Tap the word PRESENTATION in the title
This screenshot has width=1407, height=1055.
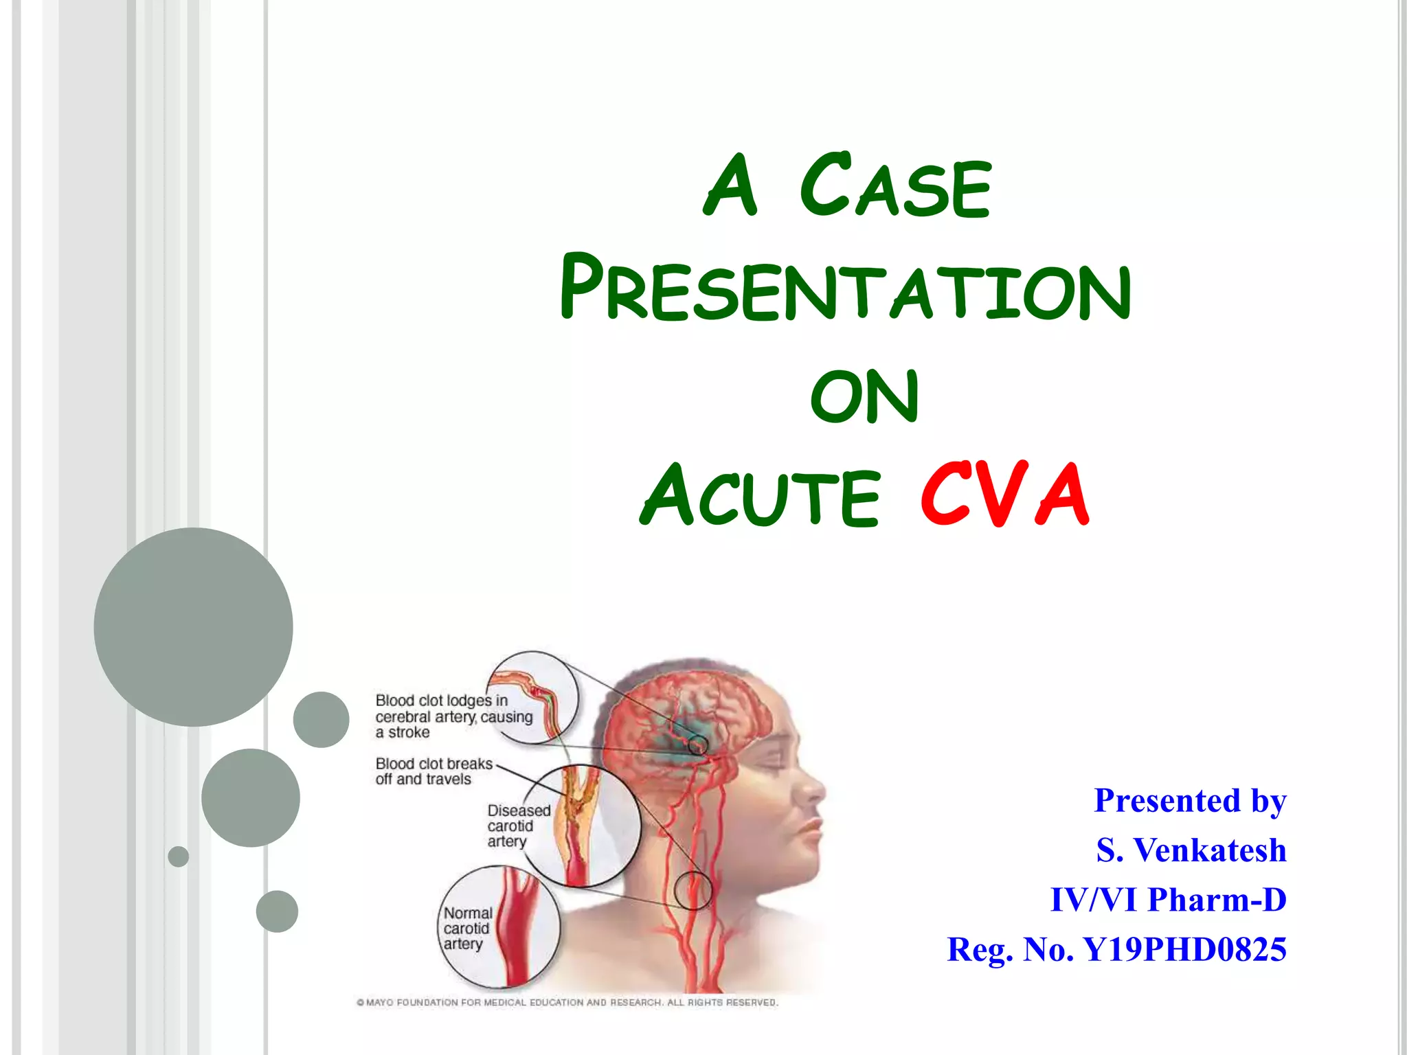click(x=845, y=288)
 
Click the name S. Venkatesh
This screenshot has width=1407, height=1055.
click(x=1191, y=850)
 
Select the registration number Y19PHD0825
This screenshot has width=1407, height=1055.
click(x=1184, y=950)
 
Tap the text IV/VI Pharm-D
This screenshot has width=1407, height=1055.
click(x=1168, y=900)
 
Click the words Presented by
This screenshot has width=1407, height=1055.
click(x=1190, y=801)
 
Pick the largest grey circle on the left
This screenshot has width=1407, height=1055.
click(x=193, y=626)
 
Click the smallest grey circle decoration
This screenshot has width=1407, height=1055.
click(x=178, y=857)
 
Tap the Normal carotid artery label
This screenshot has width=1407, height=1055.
click(x=467, y=928)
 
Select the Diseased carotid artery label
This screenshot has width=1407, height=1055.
click(x=518, y=826)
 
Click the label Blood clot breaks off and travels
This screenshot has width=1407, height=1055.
click(x=433, y=771)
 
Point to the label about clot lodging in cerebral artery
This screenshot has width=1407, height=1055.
click(x=453, y=716)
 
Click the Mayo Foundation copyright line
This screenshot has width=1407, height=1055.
click(x=567, y=1002)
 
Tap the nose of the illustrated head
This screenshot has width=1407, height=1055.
click(x=815, y=791)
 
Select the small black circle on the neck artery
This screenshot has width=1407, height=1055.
click(x=693, y=890)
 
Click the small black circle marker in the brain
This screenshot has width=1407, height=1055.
click(x=697, y=744)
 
